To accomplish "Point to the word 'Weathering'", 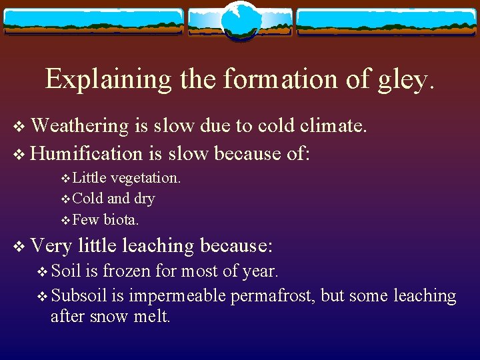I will (x=79, y=125).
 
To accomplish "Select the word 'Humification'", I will (x=87, y=153).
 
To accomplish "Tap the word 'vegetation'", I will (x=146, y=178).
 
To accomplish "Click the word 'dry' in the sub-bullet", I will (x=144, y=199).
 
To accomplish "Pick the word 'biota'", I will (x=121, y=219).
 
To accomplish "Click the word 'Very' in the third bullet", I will (x=51, y=246).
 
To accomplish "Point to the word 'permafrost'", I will (x=273, y=295).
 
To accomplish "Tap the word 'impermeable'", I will (x=178, y=295).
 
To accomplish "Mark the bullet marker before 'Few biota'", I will (x=65, y=220).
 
